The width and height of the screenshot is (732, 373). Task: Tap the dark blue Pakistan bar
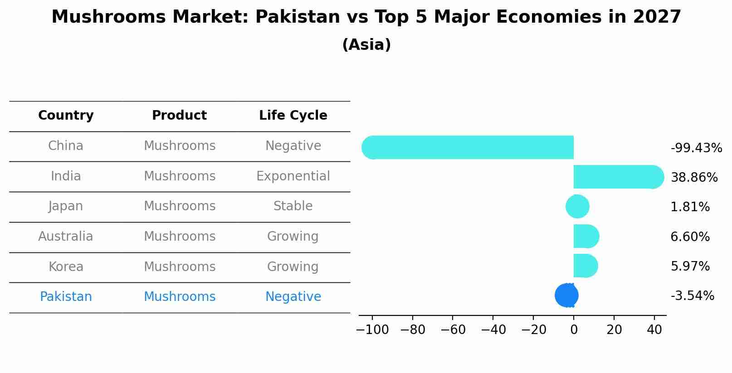[567, 295]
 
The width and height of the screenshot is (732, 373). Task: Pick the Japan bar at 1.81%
[577, 207]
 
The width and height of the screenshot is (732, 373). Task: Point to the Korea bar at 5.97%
[585, 266]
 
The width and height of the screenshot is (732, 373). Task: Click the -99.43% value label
[696, 148]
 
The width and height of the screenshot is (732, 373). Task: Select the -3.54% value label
[692, 296]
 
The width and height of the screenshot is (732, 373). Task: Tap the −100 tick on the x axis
[372, 330]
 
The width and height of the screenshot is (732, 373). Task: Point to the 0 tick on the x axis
[574, 330]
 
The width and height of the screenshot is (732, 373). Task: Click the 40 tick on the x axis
[654, 330]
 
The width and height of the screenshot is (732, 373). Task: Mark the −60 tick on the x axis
[453, 330]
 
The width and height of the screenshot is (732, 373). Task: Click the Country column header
[66, 116]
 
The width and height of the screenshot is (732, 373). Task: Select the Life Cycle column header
[293, 116]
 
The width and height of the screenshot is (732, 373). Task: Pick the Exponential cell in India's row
[293, 176]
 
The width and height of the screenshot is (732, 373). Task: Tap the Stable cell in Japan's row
[293, 206]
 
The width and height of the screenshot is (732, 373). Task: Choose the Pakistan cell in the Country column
[66, 297]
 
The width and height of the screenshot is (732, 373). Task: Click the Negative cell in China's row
[293, 146]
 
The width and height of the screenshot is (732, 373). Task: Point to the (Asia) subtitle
[366, 45]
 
